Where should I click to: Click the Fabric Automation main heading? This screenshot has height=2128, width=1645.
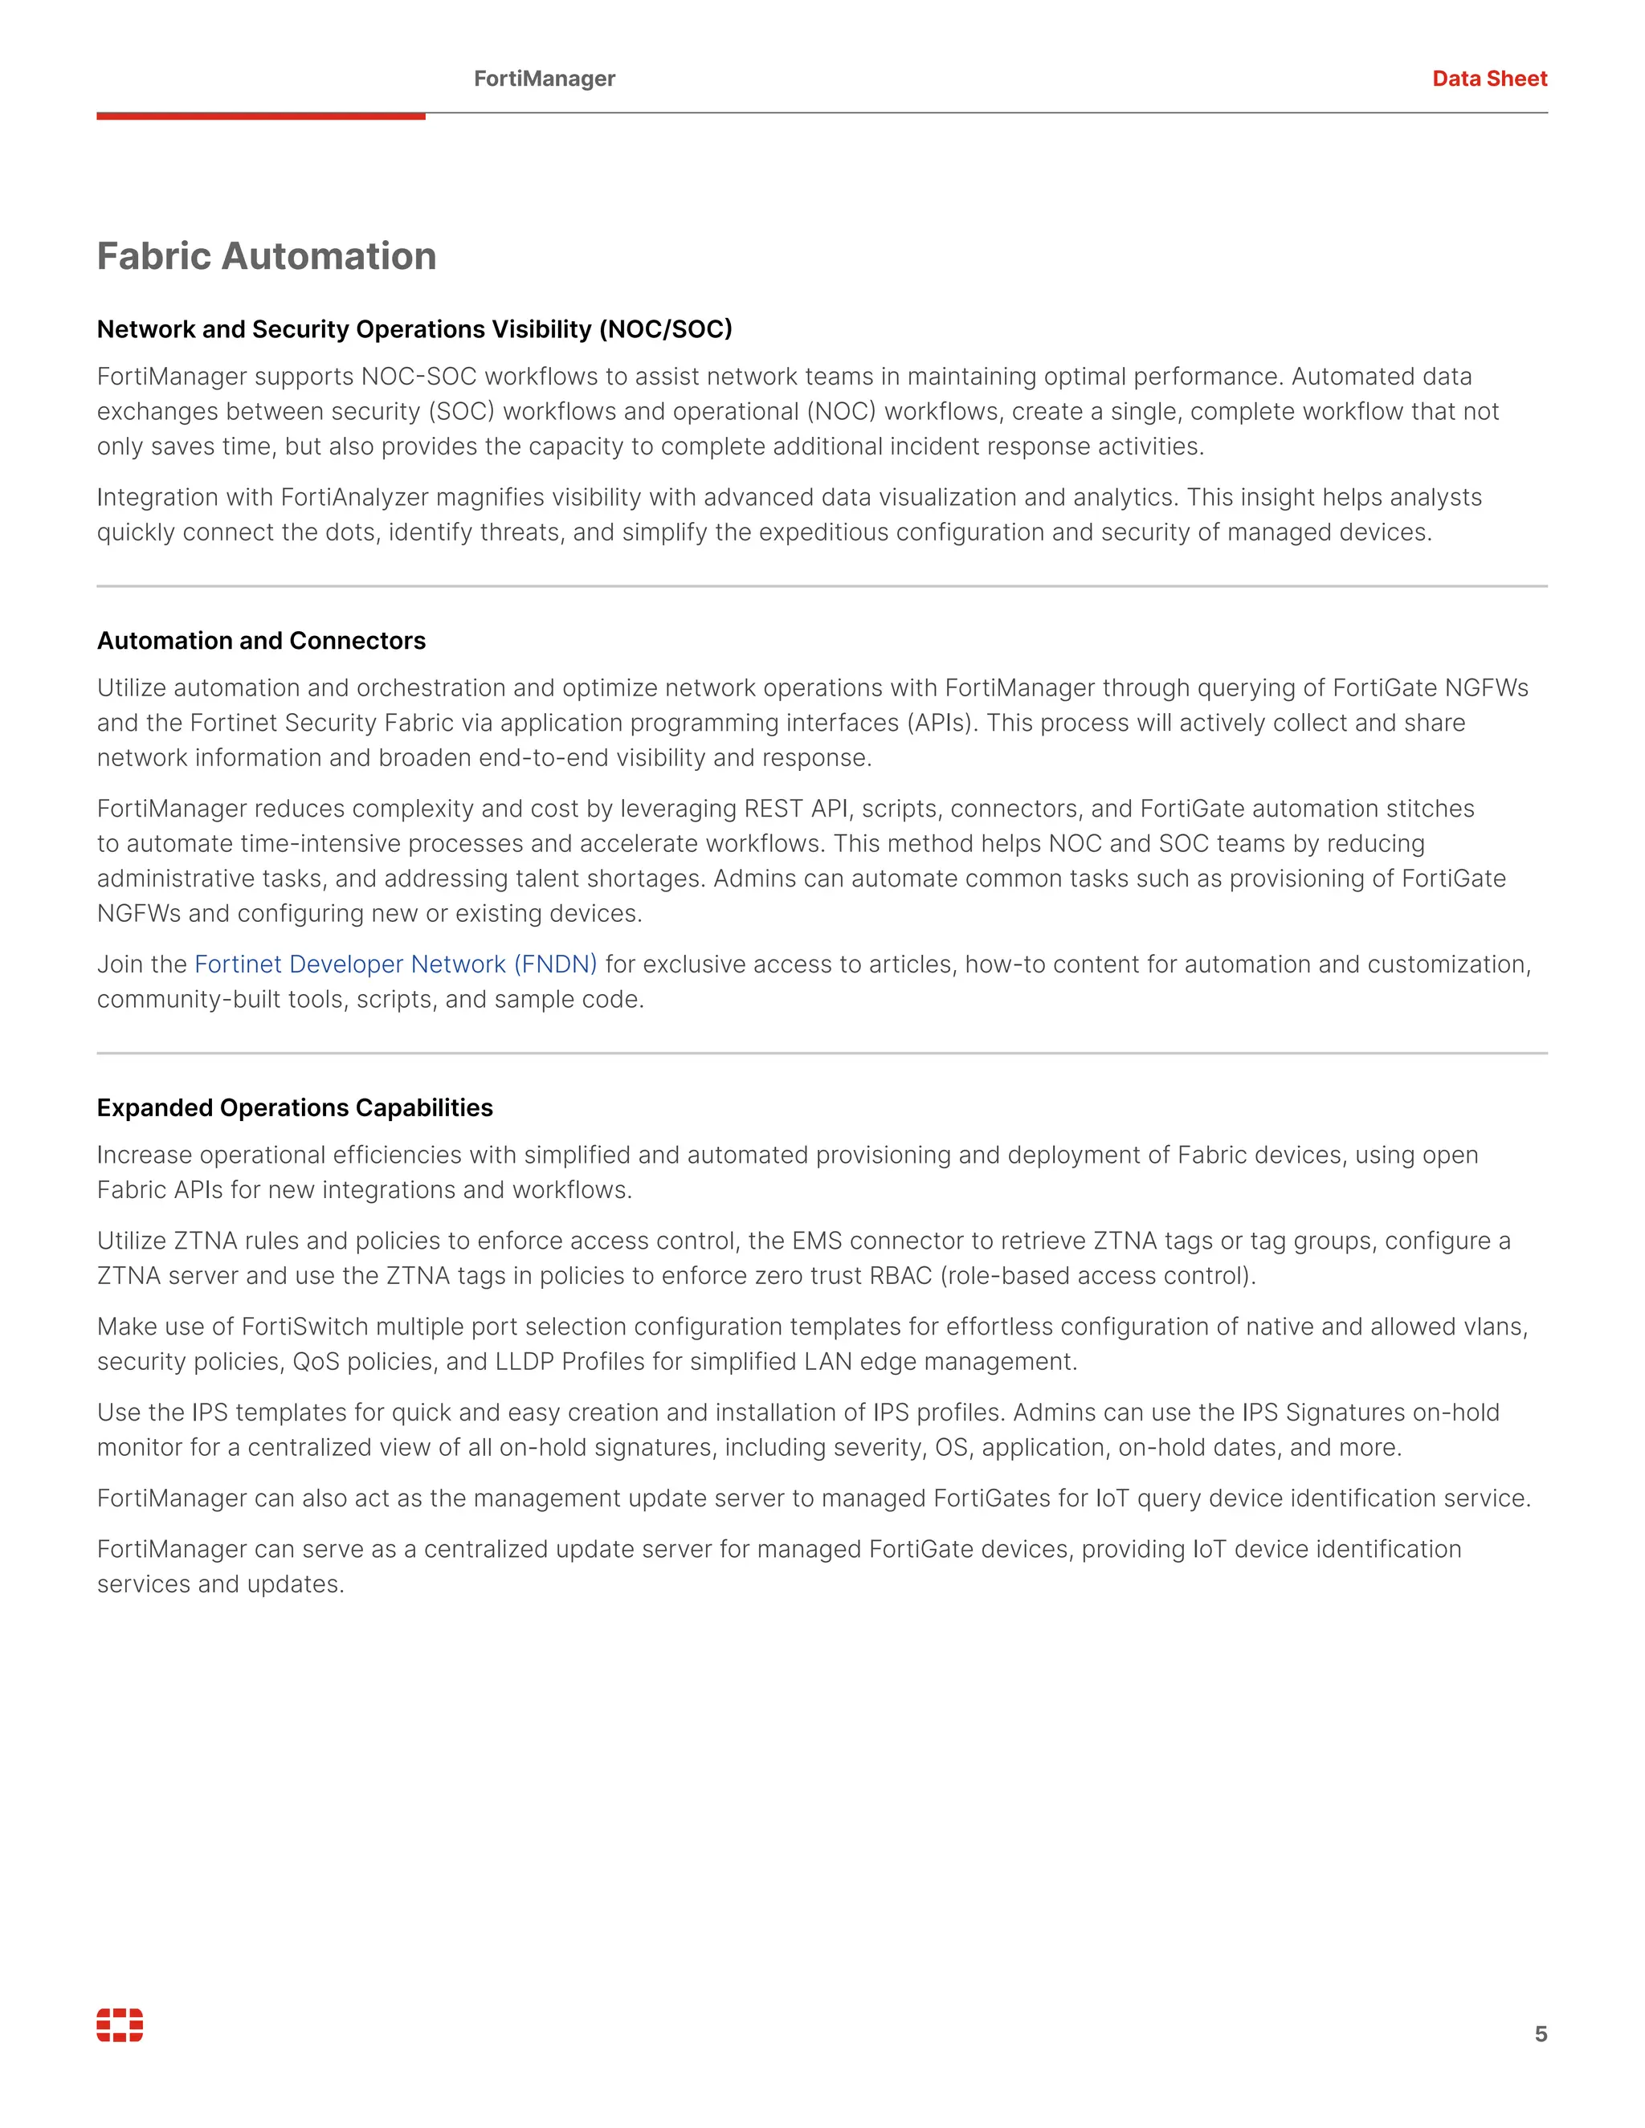(x=266, y=256)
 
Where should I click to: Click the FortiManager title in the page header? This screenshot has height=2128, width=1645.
(x=544, y=79)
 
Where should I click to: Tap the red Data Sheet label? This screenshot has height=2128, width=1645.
(x=1488, y=79)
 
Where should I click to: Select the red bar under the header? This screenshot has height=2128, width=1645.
(x=260, y=116)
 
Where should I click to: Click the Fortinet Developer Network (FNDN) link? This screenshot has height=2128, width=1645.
(x=396, y=964)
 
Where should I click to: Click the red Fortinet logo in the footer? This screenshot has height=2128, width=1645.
(x=120, y=2024)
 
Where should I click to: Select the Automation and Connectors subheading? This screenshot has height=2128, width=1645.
(x=261, y=641)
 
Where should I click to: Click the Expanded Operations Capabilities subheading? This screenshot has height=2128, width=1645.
(x=294, y=1108)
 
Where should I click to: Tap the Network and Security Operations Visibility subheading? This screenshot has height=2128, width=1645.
(x=414, y=329)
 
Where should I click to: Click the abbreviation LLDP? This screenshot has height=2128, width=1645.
(x=525, y=1362)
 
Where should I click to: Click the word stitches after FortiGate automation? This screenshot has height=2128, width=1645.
(x=1427, y=809)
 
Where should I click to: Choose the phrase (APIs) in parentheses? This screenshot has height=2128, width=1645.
(x=941, y=723)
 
